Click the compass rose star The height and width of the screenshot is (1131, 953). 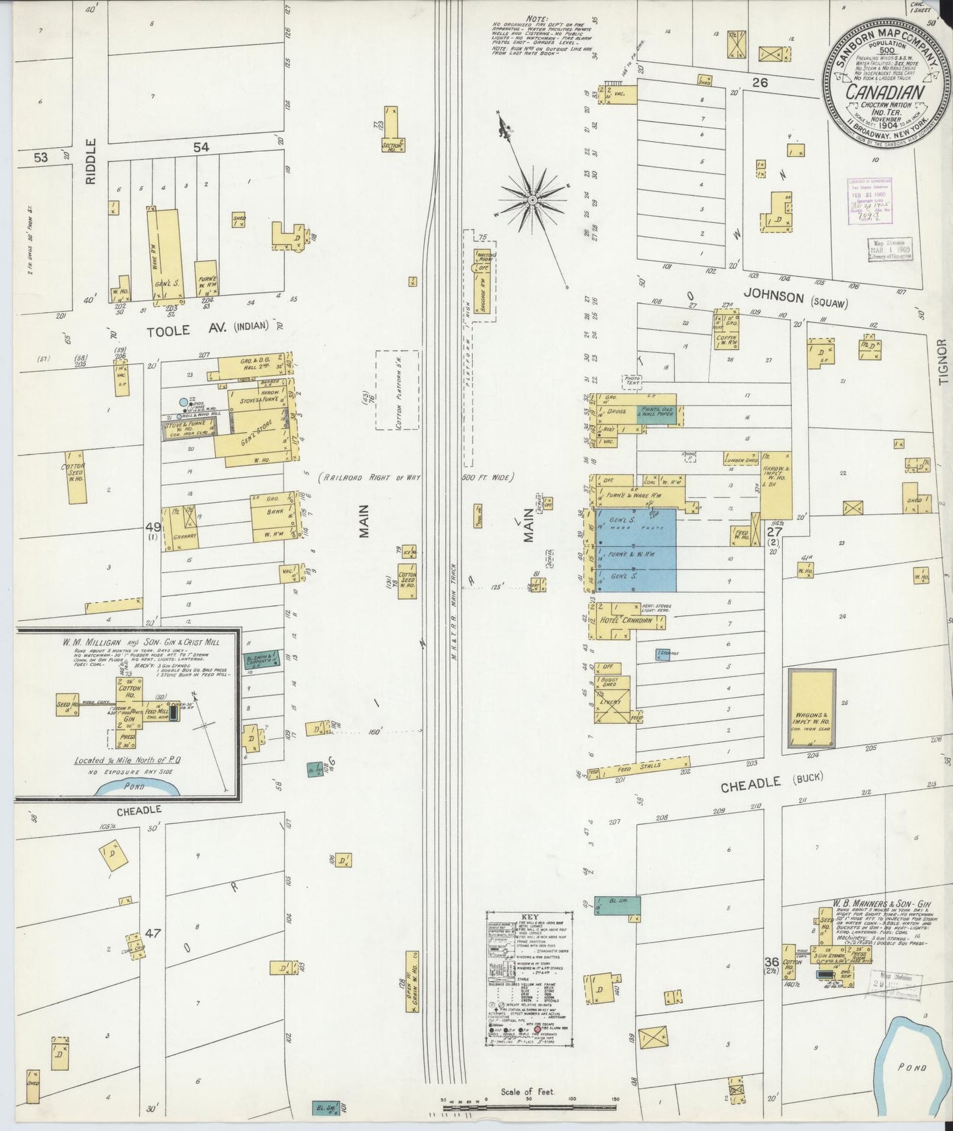pyautogui.click(x=532, y=198)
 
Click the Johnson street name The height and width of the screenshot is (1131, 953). pyautogui.click(x=773, y=298)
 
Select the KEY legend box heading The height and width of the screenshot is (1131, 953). pyautogui.click(x=530, y=917)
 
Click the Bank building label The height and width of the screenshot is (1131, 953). pyautogui.click(x=275, y=511)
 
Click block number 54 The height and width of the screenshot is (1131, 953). pyautogui.click(x=200, y=147)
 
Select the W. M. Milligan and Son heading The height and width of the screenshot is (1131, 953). pyautogui.click(x=146, y=641)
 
